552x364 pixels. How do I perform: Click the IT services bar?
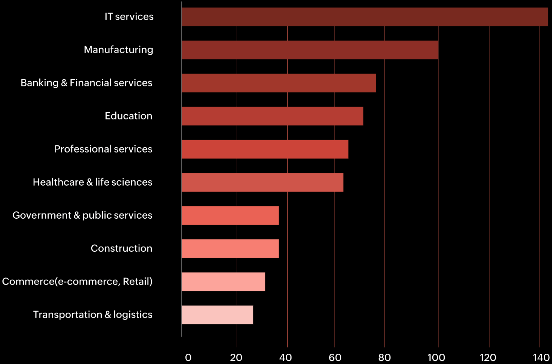tap(365, 17)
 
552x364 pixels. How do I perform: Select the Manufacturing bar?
tap(310, 50)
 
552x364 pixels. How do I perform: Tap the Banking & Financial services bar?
tap(279, 83)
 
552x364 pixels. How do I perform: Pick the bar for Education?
tap(272, 116)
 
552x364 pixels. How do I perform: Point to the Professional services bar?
tap(265, 149)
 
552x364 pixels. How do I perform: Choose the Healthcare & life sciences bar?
tap(262, 182)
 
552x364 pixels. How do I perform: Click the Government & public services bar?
tap(230, 215)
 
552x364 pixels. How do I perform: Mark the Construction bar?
tap(230, 248)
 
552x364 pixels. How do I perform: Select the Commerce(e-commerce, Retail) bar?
tap(223, 282)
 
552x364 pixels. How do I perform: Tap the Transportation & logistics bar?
tap(217, 315)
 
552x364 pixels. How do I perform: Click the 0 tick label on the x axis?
tap(188, 357)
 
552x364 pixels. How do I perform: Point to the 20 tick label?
tap(236, 357)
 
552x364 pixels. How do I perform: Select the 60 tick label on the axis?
tap(335, 357)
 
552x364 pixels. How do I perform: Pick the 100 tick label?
tap(436, 357)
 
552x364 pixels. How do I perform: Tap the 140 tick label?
tap(541, 357)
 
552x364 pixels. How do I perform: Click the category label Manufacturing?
tap(118, 50)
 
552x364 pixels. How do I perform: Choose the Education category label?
tap(128, 116)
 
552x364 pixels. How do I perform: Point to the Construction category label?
tap(121, 248)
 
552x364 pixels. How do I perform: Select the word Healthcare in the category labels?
tap(58, 182)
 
